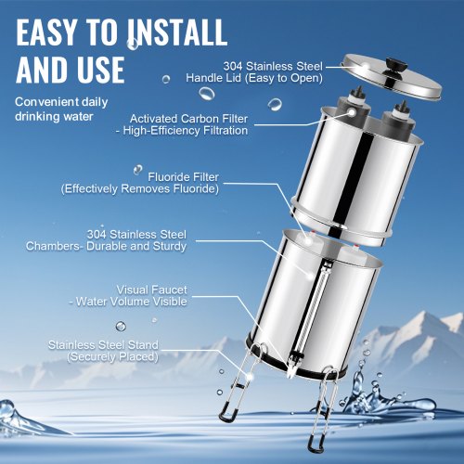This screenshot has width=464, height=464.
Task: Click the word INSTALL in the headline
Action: coord(178,32)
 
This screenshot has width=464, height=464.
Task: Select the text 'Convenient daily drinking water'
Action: coord(61,110)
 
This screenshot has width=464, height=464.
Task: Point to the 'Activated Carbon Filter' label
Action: coord(188,119)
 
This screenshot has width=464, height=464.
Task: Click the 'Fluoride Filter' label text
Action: coord(183,177)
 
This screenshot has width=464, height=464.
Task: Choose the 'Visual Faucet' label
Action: coord(151,290)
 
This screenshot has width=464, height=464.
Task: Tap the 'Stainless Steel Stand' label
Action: coord(103,345)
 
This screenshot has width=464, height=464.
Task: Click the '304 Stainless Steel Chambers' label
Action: coord(106,240)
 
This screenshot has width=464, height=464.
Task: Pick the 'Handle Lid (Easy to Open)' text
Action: coord(254,78)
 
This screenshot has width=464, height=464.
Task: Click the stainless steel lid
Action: coord(392,76)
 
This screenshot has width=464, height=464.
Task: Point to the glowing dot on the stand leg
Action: coord(250,377)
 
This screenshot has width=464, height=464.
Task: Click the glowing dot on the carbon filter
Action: coord(352,112)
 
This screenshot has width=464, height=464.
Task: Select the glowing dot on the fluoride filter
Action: coord(308,241)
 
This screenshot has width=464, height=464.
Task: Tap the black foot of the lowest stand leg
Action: coord(316,445)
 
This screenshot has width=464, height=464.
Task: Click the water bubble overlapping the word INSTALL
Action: coord(133,44)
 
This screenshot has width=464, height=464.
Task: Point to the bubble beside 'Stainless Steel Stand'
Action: coord(121,327)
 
